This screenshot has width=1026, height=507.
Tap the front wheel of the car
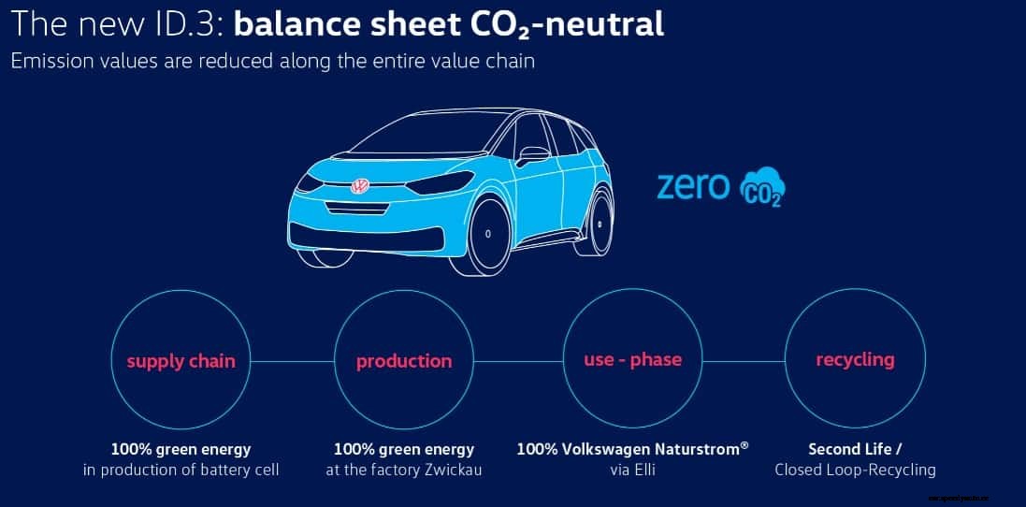[x=486, y=235]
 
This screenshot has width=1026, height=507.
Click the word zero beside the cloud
[x=693, y=185]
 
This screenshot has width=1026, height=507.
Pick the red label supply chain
[x=181, y=361]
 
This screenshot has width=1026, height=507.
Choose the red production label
[x=404, y=361]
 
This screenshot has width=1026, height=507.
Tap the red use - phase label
[x=633, y=359]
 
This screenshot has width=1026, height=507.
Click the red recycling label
[x=855, y=359]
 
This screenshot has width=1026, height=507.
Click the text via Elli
[x=633, y=470]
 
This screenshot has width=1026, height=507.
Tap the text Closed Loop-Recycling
[x=855, y=470]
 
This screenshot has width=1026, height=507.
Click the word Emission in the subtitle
[x=48, y=62]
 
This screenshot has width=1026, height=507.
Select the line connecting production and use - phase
[x=519, y=361]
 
